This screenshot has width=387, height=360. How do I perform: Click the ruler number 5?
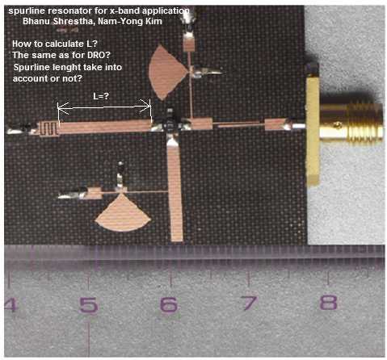click(x=89, y=305)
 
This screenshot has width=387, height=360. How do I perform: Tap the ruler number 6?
click(x=169, y=304)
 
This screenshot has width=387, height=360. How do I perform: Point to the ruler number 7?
click(x=249, y=303)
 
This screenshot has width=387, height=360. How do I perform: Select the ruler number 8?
click(x=328, y=302)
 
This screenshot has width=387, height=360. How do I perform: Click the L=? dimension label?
click(x=101, y=96)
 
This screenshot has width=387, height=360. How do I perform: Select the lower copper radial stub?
click(x=123, y=213)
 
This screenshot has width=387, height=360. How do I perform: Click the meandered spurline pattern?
click(x=49, y=129)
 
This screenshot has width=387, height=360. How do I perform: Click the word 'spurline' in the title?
click(x=23, y=11)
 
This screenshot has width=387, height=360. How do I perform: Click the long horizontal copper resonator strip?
click(x=105, y=127)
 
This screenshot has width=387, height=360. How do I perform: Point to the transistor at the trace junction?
click(x=170, y=123)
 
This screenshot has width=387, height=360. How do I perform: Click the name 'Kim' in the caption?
click(x=154, y=21)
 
